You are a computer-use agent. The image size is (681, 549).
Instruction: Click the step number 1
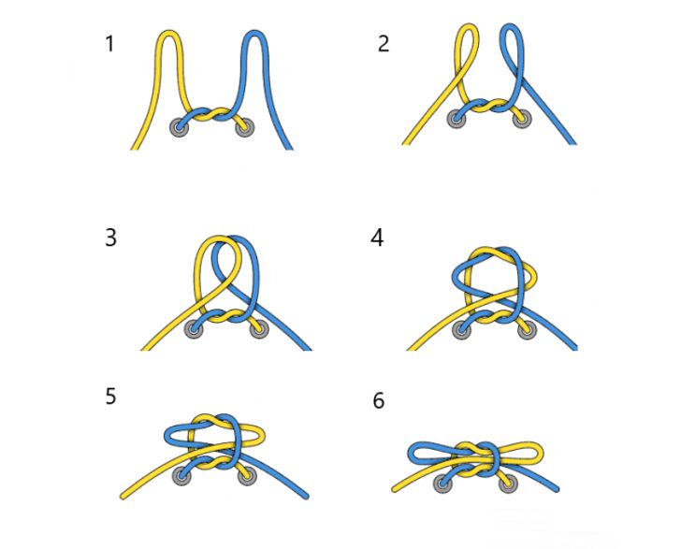coord(109,44)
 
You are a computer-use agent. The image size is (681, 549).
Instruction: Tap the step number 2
coord(384,44)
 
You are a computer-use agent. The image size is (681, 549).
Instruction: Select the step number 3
coord(110,238)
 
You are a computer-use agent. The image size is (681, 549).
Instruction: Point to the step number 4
coord(377,238)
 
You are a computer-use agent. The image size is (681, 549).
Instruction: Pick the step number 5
coord(110,397)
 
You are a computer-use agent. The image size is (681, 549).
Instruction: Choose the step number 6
coord(379,400)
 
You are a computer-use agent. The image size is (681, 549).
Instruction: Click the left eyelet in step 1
coord(180,127)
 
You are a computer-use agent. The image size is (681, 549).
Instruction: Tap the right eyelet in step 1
coord(244,127)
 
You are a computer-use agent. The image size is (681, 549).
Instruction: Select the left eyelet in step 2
coord(456,119)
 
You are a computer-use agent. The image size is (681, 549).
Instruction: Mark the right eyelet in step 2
coord(522,119)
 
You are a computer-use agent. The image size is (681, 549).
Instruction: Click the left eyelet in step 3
coord(194,328)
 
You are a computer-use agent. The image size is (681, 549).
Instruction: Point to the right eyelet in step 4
coord(528,330)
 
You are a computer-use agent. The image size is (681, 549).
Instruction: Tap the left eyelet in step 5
coord(181,476)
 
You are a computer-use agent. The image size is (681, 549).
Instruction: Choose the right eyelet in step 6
coord(507,484)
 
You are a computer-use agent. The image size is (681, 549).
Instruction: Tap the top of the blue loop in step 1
coord(254,32)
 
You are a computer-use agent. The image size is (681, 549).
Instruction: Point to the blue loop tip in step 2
coord(511,25)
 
